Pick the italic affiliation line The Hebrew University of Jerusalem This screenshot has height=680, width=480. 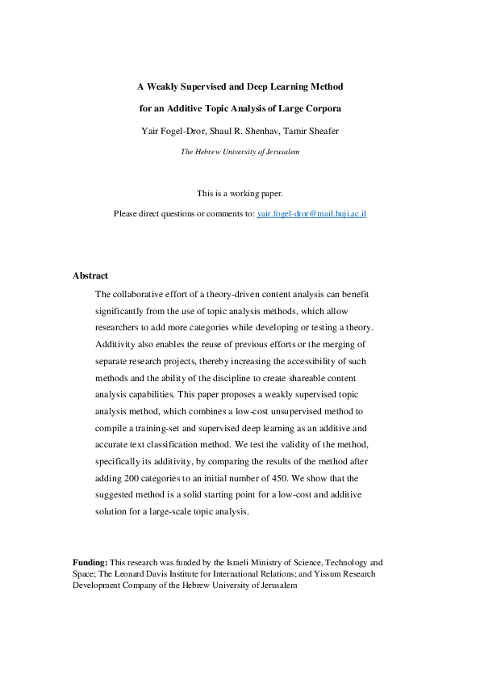pos(240,151)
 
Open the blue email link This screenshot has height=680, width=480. pos(311,214)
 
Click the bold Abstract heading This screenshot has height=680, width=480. pos(90,275)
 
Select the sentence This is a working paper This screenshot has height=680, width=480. pos(240,193)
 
